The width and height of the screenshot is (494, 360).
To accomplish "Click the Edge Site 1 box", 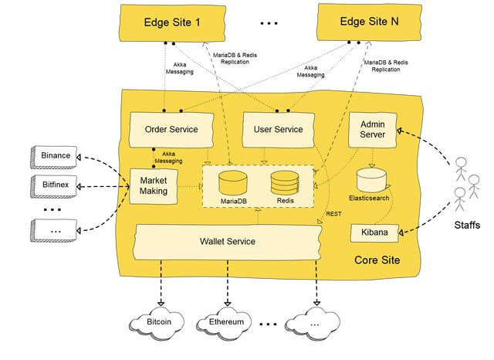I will pos(172,23).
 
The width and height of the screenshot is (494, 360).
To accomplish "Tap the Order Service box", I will pos(171,128).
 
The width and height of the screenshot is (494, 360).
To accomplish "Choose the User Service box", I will pos(278,128).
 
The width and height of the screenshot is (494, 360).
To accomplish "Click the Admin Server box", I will pos(373,128).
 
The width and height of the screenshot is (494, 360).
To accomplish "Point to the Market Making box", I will pos(154,186).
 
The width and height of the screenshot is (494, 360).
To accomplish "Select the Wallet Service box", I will pos(227,242).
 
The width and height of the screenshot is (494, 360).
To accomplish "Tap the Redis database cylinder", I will pos(285,185).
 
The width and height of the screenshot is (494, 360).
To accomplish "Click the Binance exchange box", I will pos(56,155).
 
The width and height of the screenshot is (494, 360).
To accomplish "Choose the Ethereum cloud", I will pos(226,321).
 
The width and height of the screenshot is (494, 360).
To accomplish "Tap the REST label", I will pos(333,214).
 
